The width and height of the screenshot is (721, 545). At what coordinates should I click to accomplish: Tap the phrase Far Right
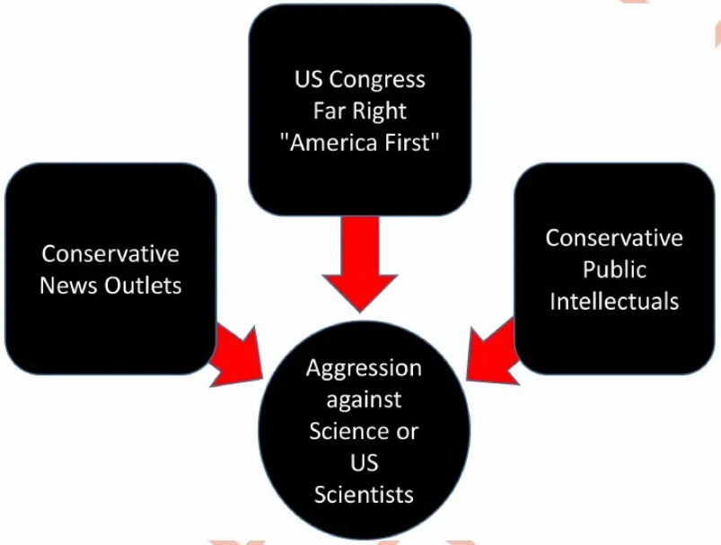pyautogui.click(x=360, y=111)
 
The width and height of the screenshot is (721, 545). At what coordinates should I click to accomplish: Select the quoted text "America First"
pyautogui.click(x=360, y=143)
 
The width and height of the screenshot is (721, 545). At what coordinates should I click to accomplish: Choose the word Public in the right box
pyautogui.click(x=614, y=269)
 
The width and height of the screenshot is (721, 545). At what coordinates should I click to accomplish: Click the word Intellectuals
pyautogui.click(x=614, y=301)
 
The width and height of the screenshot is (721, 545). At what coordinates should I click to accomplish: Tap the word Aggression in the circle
pyautogui.click(x=364, y=368)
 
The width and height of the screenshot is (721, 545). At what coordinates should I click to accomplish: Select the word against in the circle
pyautogui.click(x=364, y=400)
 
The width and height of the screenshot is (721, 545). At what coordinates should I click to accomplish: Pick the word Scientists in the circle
pyautogui.click(x=364, y=494)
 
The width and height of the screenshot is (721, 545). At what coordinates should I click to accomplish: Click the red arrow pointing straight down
pyautogui.click(x=360, y=265)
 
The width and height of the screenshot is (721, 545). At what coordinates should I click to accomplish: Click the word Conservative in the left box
pyautogui.click(x=110, y=254)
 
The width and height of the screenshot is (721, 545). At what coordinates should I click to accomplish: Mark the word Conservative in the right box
pyautogui.click(x=614, y=238)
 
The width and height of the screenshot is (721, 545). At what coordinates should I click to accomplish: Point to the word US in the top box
pyautogui.click(x=308, y=80)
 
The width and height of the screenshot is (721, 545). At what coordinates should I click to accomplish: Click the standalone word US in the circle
pyautogui.click(x=364, y=462)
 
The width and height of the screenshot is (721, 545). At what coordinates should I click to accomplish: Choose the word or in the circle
pyautogui.click(x=408, y=431)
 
